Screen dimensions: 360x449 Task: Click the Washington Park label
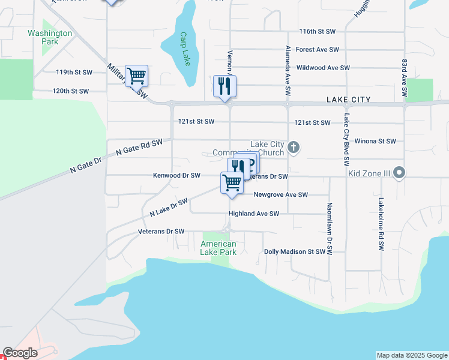coord(50,37)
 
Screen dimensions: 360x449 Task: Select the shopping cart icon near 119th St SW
coord(137,76)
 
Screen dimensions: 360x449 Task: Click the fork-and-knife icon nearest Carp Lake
coord(224,86)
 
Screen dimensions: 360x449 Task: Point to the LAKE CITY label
coord(348,100)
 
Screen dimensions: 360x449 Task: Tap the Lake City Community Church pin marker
coord(294,147)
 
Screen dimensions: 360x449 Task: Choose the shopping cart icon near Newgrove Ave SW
coord(232,182)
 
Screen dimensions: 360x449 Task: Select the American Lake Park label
coord(218,248)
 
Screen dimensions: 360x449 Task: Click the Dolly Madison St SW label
coord(294,252)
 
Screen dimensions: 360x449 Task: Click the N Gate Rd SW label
coord(139,147)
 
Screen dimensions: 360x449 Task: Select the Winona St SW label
coord(375,141)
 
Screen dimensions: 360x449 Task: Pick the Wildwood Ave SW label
coord(323,68)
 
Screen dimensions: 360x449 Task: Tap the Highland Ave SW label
coord(253,214)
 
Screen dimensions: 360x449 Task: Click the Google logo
coord(20,353)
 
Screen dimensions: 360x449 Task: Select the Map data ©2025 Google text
coord(411,355)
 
